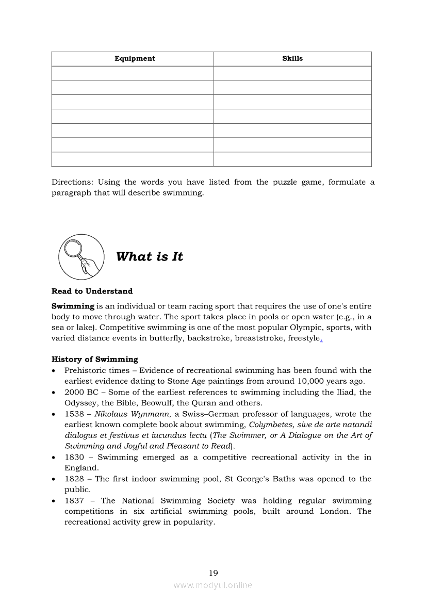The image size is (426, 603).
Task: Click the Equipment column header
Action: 135,59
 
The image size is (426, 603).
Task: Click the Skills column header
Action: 292,59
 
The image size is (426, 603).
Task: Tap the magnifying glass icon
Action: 81,256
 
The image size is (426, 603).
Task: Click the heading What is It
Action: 150,257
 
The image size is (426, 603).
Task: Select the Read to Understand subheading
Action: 92,291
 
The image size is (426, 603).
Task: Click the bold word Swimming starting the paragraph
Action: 73,306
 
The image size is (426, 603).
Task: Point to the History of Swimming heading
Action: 95,360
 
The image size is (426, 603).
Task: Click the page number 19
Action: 213,573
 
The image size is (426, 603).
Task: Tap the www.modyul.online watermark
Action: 213,585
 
